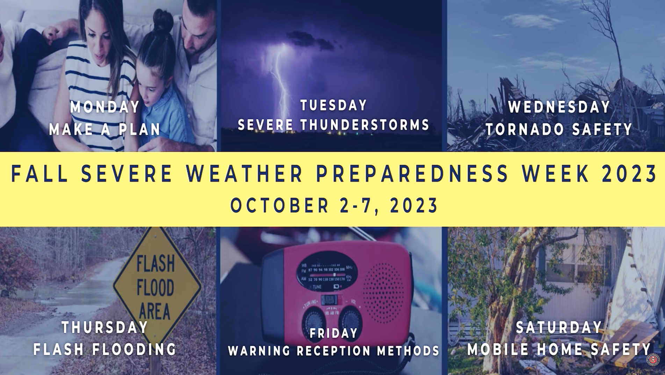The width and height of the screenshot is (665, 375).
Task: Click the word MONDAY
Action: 105,107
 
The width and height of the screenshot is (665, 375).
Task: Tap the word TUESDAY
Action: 333,105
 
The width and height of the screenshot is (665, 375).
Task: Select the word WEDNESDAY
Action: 559,107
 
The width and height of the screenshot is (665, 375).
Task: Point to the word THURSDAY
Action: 105,328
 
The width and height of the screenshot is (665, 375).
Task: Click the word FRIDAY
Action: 334,333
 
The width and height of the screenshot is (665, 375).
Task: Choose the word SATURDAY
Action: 559,328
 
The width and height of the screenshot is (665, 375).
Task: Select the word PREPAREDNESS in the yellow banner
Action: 412,174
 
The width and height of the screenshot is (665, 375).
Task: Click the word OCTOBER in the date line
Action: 280,205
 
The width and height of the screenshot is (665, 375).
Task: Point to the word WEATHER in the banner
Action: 245,174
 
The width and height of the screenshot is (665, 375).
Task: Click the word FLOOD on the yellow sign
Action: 155,288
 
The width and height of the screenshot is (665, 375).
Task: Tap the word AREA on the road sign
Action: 154,311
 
